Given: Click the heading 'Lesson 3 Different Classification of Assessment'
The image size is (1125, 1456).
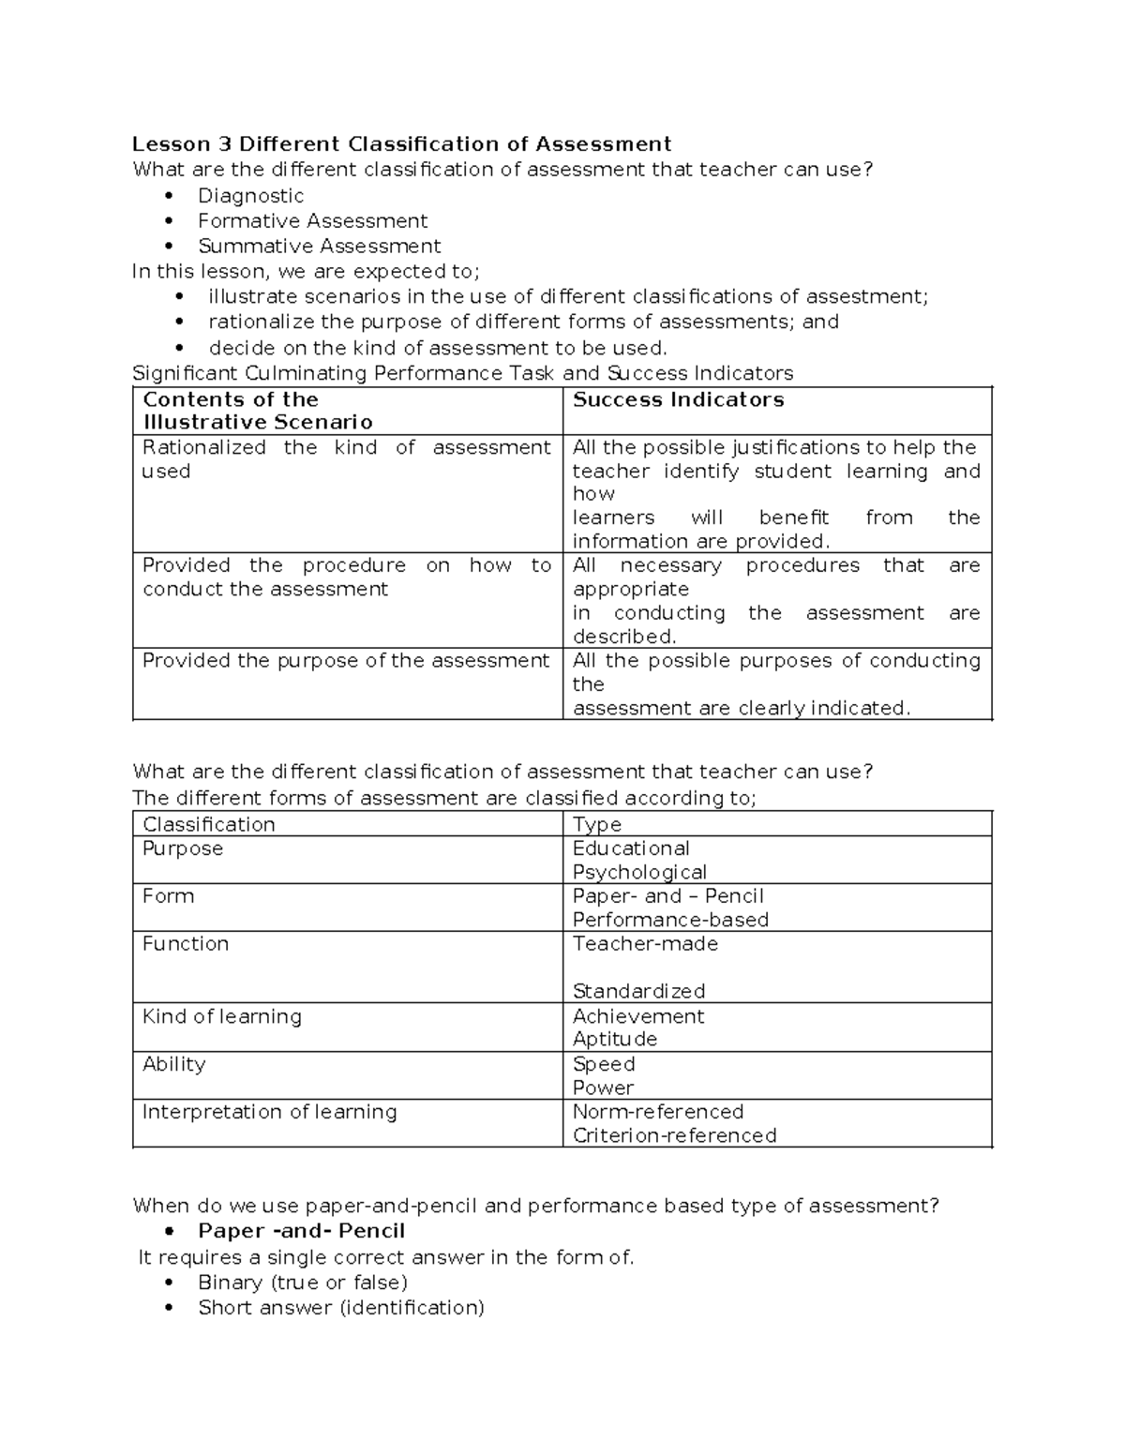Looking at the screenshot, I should click(x=401, y=143).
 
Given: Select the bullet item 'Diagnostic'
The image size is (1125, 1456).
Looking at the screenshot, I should click(x=250, y=196).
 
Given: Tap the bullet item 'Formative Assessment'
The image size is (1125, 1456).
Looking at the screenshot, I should click(x=312, y=221).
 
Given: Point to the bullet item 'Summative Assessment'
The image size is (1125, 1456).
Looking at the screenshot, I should click(x=319, y=247).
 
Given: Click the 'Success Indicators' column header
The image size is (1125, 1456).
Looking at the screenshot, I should click(x=678, y=399).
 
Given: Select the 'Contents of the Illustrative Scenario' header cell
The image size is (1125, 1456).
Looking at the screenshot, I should click(x=257, y=411).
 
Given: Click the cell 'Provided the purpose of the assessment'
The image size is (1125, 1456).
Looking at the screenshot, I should click(x=345, y=661).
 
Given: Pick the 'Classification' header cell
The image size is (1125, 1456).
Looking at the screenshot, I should click(x=208, y=824).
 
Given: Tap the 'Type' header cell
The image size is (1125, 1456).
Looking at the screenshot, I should click(x=597, y=824).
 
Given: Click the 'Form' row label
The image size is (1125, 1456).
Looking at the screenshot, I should click(x=168, y=896).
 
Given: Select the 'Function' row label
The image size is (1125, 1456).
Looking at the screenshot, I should click(x=185, y=944).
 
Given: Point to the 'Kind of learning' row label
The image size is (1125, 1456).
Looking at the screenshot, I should click(x=221, y=1016).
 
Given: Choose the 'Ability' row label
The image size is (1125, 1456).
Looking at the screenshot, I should click(x=173, y=1064).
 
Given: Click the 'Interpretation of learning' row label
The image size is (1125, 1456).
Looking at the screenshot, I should click(x=269, y=1112).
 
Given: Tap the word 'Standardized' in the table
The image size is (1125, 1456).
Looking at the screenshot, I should click(x=638, y=991).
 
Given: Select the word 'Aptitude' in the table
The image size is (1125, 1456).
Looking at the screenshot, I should click(x=615, y=1039).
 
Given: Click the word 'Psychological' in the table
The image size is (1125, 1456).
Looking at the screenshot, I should click(x=639, y=872).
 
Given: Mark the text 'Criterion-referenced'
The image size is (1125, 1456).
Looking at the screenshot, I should click(x=674, y=1135).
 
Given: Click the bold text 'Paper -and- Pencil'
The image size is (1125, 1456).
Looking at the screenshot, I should click(x=301, y=1231).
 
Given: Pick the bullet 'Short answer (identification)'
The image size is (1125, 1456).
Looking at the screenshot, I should click(x=340, y=1308).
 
